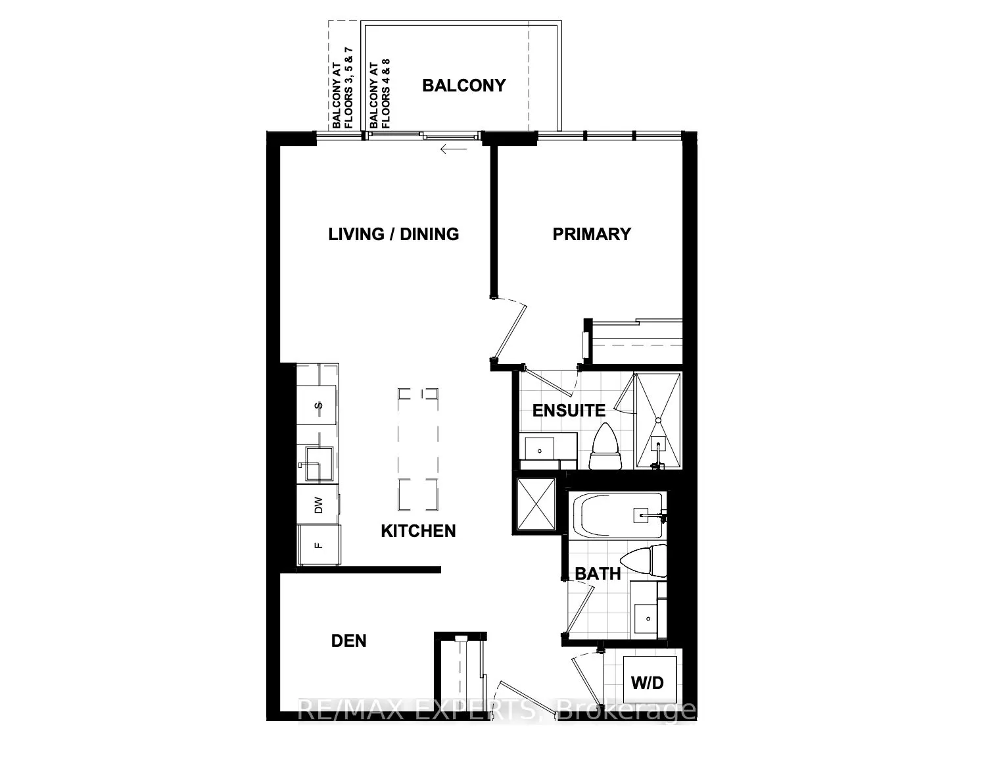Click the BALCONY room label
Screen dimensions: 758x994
pos(463,86)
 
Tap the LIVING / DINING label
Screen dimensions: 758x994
pos(393,234)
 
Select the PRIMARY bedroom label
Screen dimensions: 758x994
pos(591,234)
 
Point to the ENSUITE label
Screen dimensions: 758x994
pos(569,411)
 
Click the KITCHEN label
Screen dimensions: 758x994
pos(418,531)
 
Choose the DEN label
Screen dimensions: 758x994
pos(348,640)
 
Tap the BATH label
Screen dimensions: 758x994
pos(598,574)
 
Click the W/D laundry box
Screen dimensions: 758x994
pos(648,682)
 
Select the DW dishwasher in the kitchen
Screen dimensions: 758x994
pos(319,505)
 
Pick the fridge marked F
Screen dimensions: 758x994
pos(319,545)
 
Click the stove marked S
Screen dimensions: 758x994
pos(319,405)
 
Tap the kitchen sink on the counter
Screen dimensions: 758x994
pos(318,464)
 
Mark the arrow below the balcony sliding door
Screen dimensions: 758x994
pos(453,149)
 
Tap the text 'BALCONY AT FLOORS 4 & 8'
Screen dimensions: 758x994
pos(380,93)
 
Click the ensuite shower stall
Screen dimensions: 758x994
pos(658,421)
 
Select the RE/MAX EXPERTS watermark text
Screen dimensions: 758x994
pos(497,711)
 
